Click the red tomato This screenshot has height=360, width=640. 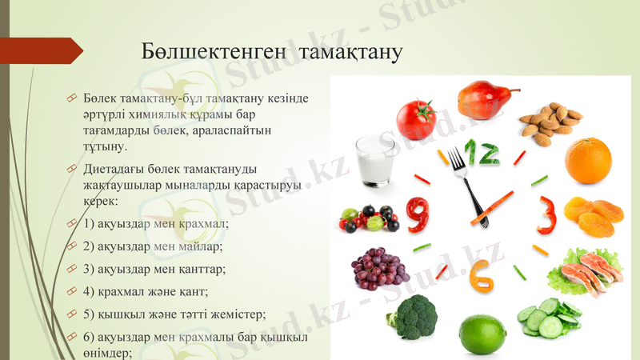(x=415, y=118)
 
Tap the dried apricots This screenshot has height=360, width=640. (x=593, y=217)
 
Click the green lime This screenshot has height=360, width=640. (x=483, y=333)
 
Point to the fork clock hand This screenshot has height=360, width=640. (x=466, y=180)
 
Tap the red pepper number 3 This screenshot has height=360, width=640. (x=546, y=214)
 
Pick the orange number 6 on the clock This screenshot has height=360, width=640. (x=482, y=275)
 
